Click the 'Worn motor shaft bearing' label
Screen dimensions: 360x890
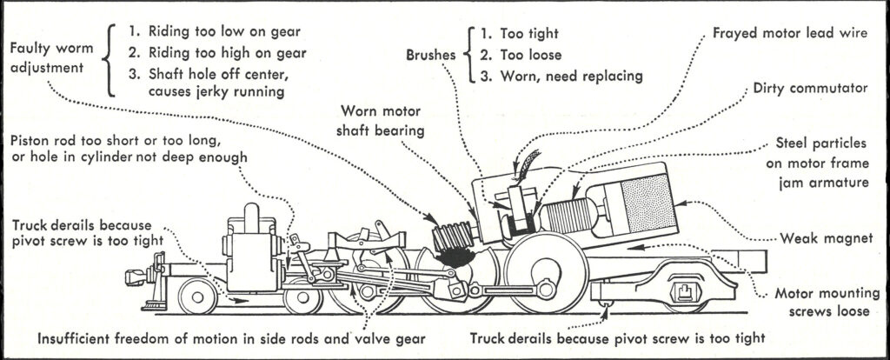tap(395, 122)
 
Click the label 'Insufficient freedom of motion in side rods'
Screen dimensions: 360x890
tap(231, 337)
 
